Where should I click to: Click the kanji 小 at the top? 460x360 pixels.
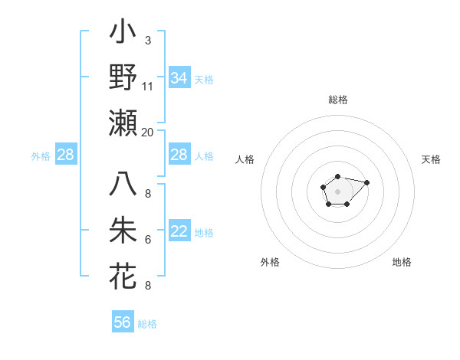point(123,34)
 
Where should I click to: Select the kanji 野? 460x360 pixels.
point(123,77)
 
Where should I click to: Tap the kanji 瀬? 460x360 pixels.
point(123,123)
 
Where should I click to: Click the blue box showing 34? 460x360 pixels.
point(179,78)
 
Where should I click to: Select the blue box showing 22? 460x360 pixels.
point(179,232)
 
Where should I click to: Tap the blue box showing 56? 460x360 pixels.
point(123,322)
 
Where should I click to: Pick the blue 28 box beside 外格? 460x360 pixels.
point(66,155)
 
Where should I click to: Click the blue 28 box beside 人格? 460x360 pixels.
point(179,155)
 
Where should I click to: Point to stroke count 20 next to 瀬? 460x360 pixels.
point(147,132)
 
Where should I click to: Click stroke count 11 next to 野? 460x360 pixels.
point(147,86)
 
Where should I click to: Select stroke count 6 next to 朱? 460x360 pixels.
point(147,240)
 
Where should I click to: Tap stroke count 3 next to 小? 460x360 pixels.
point(147,40)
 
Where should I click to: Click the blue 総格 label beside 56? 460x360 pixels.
point(147,324)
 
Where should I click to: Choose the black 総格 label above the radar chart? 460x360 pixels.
point(338,100)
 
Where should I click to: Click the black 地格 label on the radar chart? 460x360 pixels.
point(402,262)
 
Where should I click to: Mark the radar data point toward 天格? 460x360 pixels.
point(366,182)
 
